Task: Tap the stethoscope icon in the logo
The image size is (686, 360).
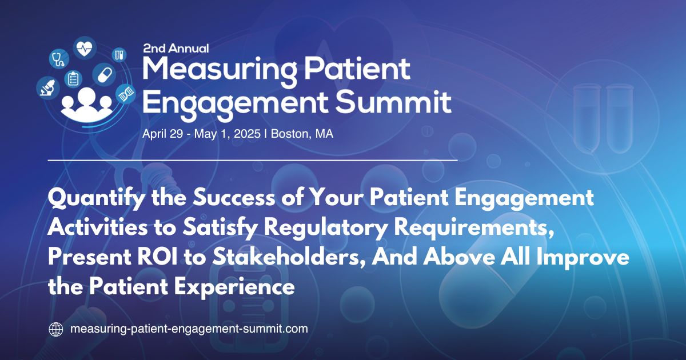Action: click(x=58, y=58)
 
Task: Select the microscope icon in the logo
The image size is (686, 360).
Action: click(x=46, y=86)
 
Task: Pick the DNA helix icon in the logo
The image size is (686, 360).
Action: click(x=125, y=94)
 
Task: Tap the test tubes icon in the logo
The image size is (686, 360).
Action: click(x=119, y=54)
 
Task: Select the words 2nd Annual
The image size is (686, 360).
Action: click(x=176, y=49)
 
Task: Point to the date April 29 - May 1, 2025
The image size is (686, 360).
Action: click(x=203, y=134)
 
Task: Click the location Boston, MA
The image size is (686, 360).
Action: click(x=302, y=134)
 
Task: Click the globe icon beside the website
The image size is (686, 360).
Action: click(x=55, y=329)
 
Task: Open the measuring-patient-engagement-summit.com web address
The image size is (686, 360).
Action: click(x=188, y=329)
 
